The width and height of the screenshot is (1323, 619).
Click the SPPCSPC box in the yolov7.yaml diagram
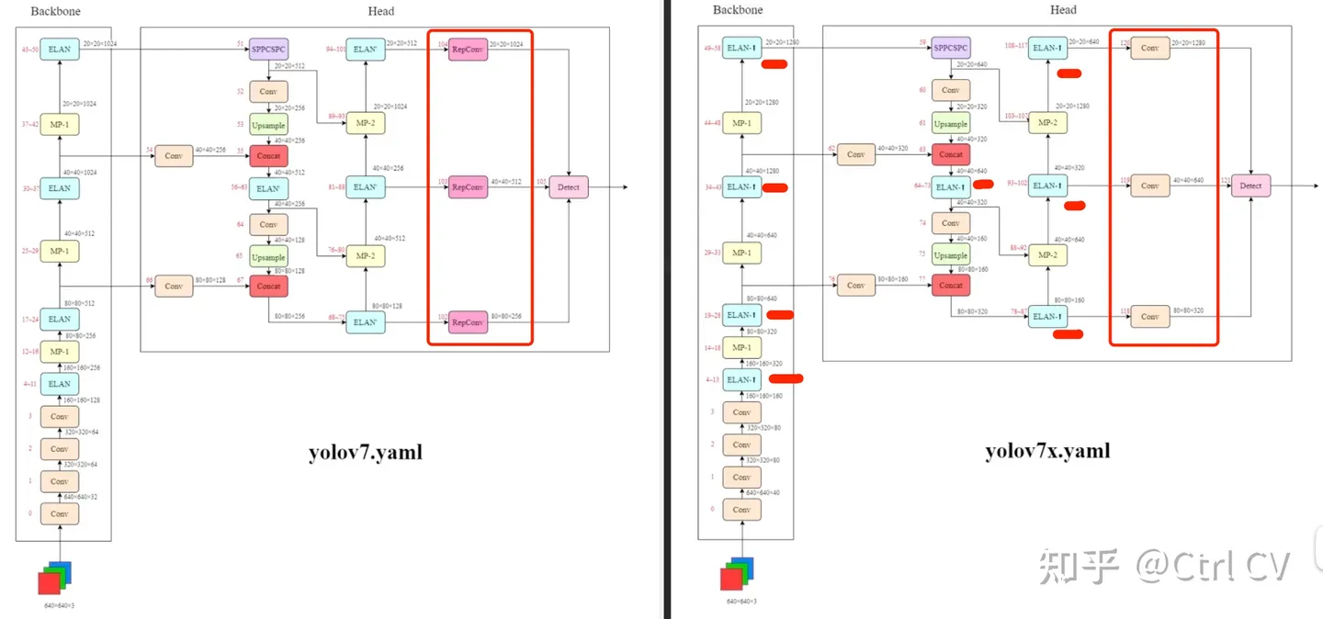click(268, 50)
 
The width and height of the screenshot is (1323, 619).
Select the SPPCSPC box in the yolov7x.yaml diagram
click(951, 48)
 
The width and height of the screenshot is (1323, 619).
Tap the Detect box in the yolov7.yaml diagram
click(569, 187)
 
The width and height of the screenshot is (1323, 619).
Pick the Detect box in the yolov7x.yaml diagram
click(1250, 186)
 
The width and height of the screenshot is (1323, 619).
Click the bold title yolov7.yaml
click(366, 451)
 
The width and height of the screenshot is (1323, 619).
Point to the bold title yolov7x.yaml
click(1047, 451)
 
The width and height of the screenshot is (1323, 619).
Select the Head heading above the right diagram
click(1063, 10)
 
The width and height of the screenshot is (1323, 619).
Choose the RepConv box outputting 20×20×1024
click(468, 50)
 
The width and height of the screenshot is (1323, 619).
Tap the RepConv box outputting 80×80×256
click(468, 322)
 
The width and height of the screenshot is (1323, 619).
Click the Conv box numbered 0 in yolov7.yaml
click(60, 513)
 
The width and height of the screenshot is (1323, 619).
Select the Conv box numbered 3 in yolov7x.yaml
click(741, 412)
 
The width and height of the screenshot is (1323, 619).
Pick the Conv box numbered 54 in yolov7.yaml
click(174, 156)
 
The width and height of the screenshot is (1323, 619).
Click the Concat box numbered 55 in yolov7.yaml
click(268, 156)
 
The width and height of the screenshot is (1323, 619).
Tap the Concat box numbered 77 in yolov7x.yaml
click(951, 285)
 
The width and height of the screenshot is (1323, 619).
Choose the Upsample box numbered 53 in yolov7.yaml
click(268, 124)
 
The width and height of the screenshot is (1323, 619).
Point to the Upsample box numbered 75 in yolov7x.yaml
click(951, 255)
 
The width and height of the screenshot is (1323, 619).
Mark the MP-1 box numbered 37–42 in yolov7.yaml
click(60, 124)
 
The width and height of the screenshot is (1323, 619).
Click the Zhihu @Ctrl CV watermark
click(1165, 567)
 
